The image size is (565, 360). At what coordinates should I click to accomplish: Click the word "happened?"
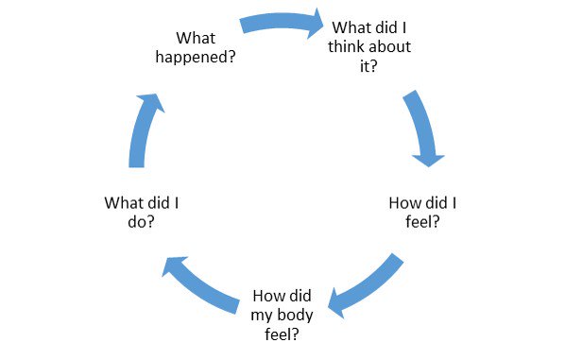(x=196, y=58)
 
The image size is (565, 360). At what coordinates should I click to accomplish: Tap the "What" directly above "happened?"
(x=196, y=38)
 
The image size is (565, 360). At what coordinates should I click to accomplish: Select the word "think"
(x=346, y=46)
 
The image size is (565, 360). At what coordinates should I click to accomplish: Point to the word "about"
(x=390, y=46)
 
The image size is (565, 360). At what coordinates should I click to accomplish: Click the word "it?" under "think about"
(x=368, y=66)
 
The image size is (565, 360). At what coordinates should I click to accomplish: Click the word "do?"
(x=141, y=222)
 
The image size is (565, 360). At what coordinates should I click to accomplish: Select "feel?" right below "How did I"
(x=422, y=222)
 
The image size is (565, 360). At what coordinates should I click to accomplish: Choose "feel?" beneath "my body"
(x=282, y=334)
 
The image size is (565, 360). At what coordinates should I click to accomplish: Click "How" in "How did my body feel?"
(x=267, y=296)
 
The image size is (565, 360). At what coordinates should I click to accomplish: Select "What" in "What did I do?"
(x=124, y=203)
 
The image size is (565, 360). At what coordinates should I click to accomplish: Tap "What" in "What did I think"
(x=351, y=27)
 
